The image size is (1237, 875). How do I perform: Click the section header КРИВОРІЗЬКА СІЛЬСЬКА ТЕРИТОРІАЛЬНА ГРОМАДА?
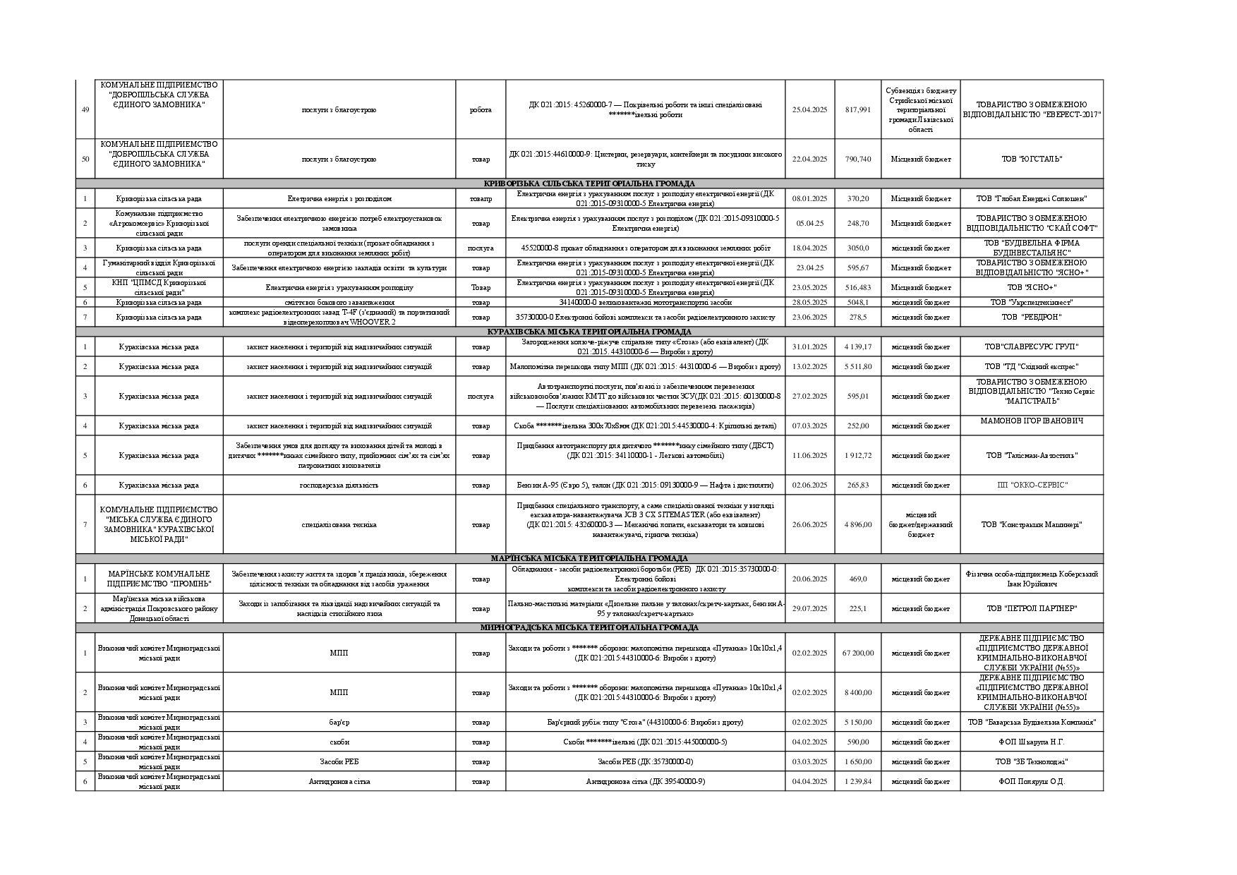(x=589, y=183)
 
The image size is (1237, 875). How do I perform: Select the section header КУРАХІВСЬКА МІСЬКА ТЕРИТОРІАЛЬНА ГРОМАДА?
(x=589, y=332)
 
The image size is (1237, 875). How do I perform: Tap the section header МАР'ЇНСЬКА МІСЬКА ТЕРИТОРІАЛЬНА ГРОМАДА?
(x=589, y=558)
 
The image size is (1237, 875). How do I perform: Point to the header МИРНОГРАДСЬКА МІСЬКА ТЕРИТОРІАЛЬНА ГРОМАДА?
(x=589, y=627)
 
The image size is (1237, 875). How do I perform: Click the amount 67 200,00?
(x=857, y=653)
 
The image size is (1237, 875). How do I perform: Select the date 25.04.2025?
(x=809, y=109)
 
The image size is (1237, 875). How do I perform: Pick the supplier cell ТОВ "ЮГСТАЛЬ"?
(x=1032, y=159)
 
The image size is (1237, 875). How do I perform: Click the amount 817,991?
(x=857, y=109)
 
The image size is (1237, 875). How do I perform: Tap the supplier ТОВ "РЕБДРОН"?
(x=1032, y=317)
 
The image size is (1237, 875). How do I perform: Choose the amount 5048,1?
(x=857, y=302)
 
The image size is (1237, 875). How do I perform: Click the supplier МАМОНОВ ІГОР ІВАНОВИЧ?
(x=1032, y=421)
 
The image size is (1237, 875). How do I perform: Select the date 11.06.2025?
(x=809, y=455)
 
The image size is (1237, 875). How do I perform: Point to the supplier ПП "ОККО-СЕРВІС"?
(x=1032, y=485)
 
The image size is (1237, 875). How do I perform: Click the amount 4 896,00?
(x=857, y=524)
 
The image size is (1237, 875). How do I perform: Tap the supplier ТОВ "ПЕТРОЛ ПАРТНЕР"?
(x=1032, y=608)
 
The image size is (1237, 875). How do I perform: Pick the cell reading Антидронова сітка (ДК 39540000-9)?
(x=645, y=781)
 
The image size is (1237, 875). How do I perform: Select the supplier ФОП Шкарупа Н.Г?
(x=1032, y=742)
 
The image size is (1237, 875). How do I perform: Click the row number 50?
(x=85, y=159)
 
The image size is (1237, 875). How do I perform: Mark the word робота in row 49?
(x=481, y=109)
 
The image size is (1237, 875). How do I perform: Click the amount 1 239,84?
(x=857, y=781)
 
